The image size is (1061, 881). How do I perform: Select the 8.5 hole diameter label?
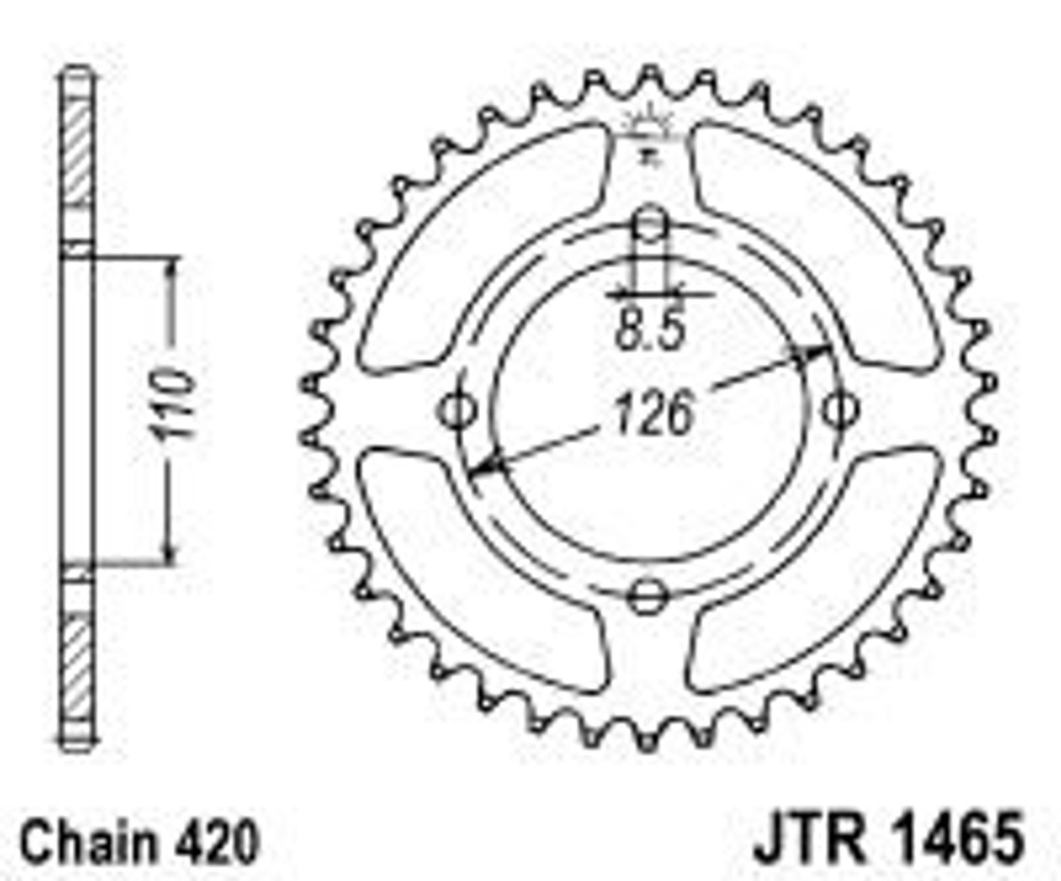pos(649,330)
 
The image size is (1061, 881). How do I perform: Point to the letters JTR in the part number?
pos(810,839)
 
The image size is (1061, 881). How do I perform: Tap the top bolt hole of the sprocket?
pos(650,224)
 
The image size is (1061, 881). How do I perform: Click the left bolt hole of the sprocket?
pos(457,409)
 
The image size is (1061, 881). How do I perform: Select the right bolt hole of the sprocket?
pos(841,409)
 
